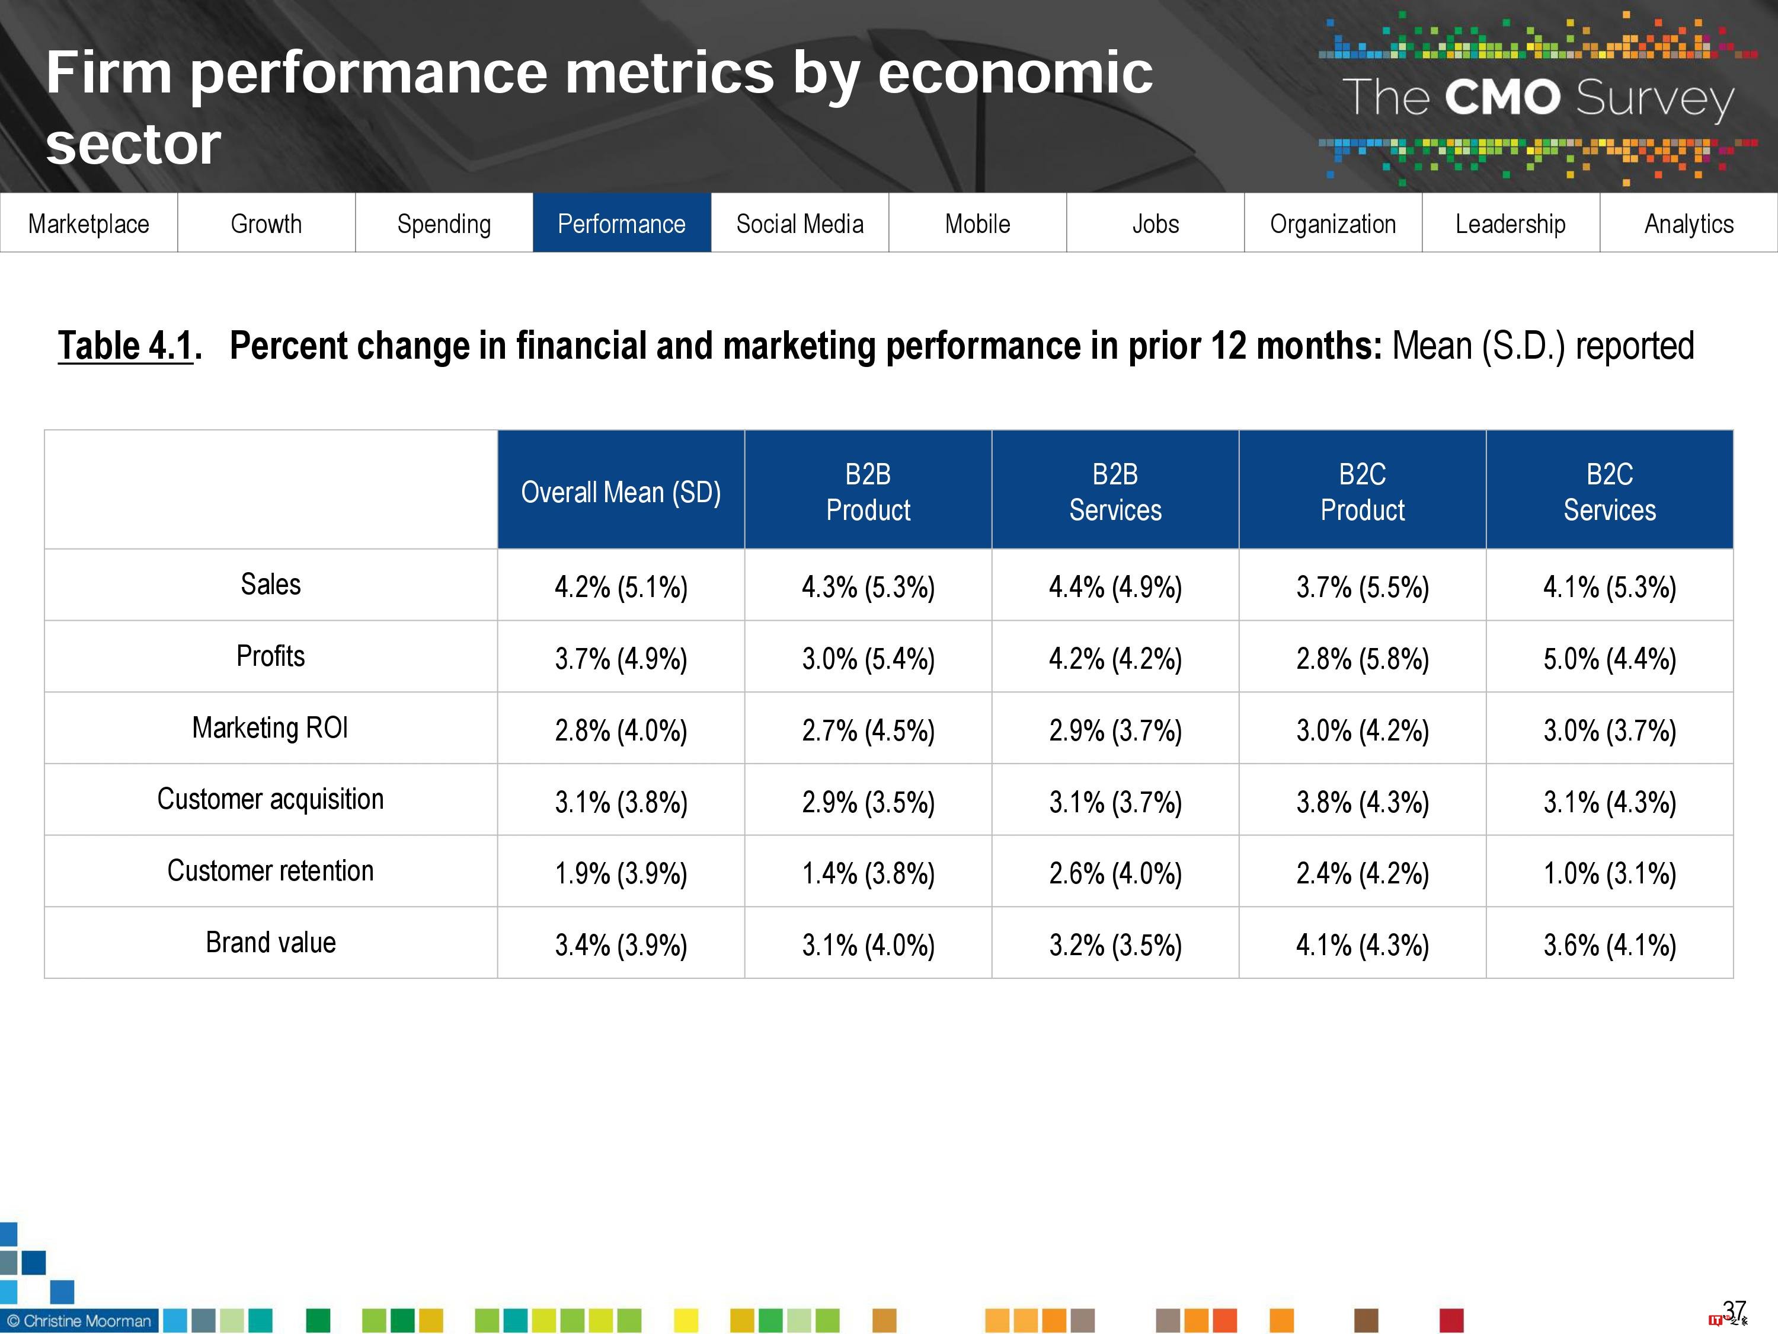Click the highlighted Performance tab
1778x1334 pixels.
coord(621,224)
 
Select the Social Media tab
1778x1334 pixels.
coord(800,224)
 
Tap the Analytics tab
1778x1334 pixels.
coord(1689,224)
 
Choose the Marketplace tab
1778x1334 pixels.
coord(88,224)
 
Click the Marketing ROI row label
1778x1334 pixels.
coord(270,727)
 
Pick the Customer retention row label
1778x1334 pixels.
coord(270,871)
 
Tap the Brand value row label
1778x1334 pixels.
coord(270,943)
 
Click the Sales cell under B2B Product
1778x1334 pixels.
coord(868,587)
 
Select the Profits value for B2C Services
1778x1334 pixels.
coord(1609,659)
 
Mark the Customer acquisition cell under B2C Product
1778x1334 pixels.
coord(1363,802)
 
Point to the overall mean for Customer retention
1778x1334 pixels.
coord(621,873)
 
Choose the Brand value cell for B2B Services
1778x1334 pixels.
coord(1115,945)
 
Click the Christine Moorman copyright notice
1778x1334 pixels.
coord(79,1321)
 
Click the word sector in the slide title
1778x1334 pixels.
coord(133,145)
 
